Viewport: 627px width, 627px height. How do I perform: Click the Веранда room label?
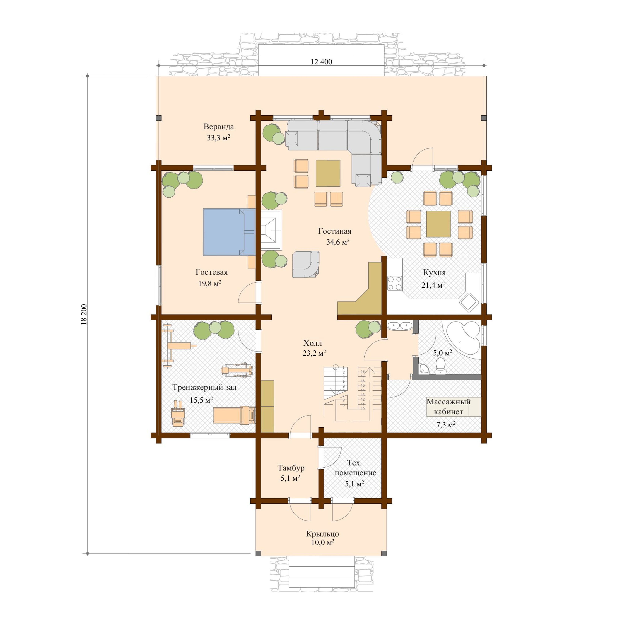point(218,127)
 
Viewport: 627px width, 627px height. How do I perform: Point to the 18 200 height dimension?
point(84,314)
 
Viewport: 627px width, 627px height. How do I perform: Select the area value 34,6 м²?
point(337,242)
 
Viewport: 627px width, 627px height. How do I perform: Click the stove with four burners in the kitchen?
point(395,283)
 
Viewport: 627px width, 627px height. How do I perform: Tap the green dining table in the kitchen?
point(438,224)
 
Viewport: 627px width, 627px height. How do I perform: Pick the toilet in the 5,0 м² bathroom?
point(440,365)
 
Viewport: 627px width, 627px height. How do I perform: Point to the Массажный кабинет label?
point(448,407)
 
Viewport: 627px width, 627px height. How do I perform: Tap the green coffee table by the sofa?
point(328,173)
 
